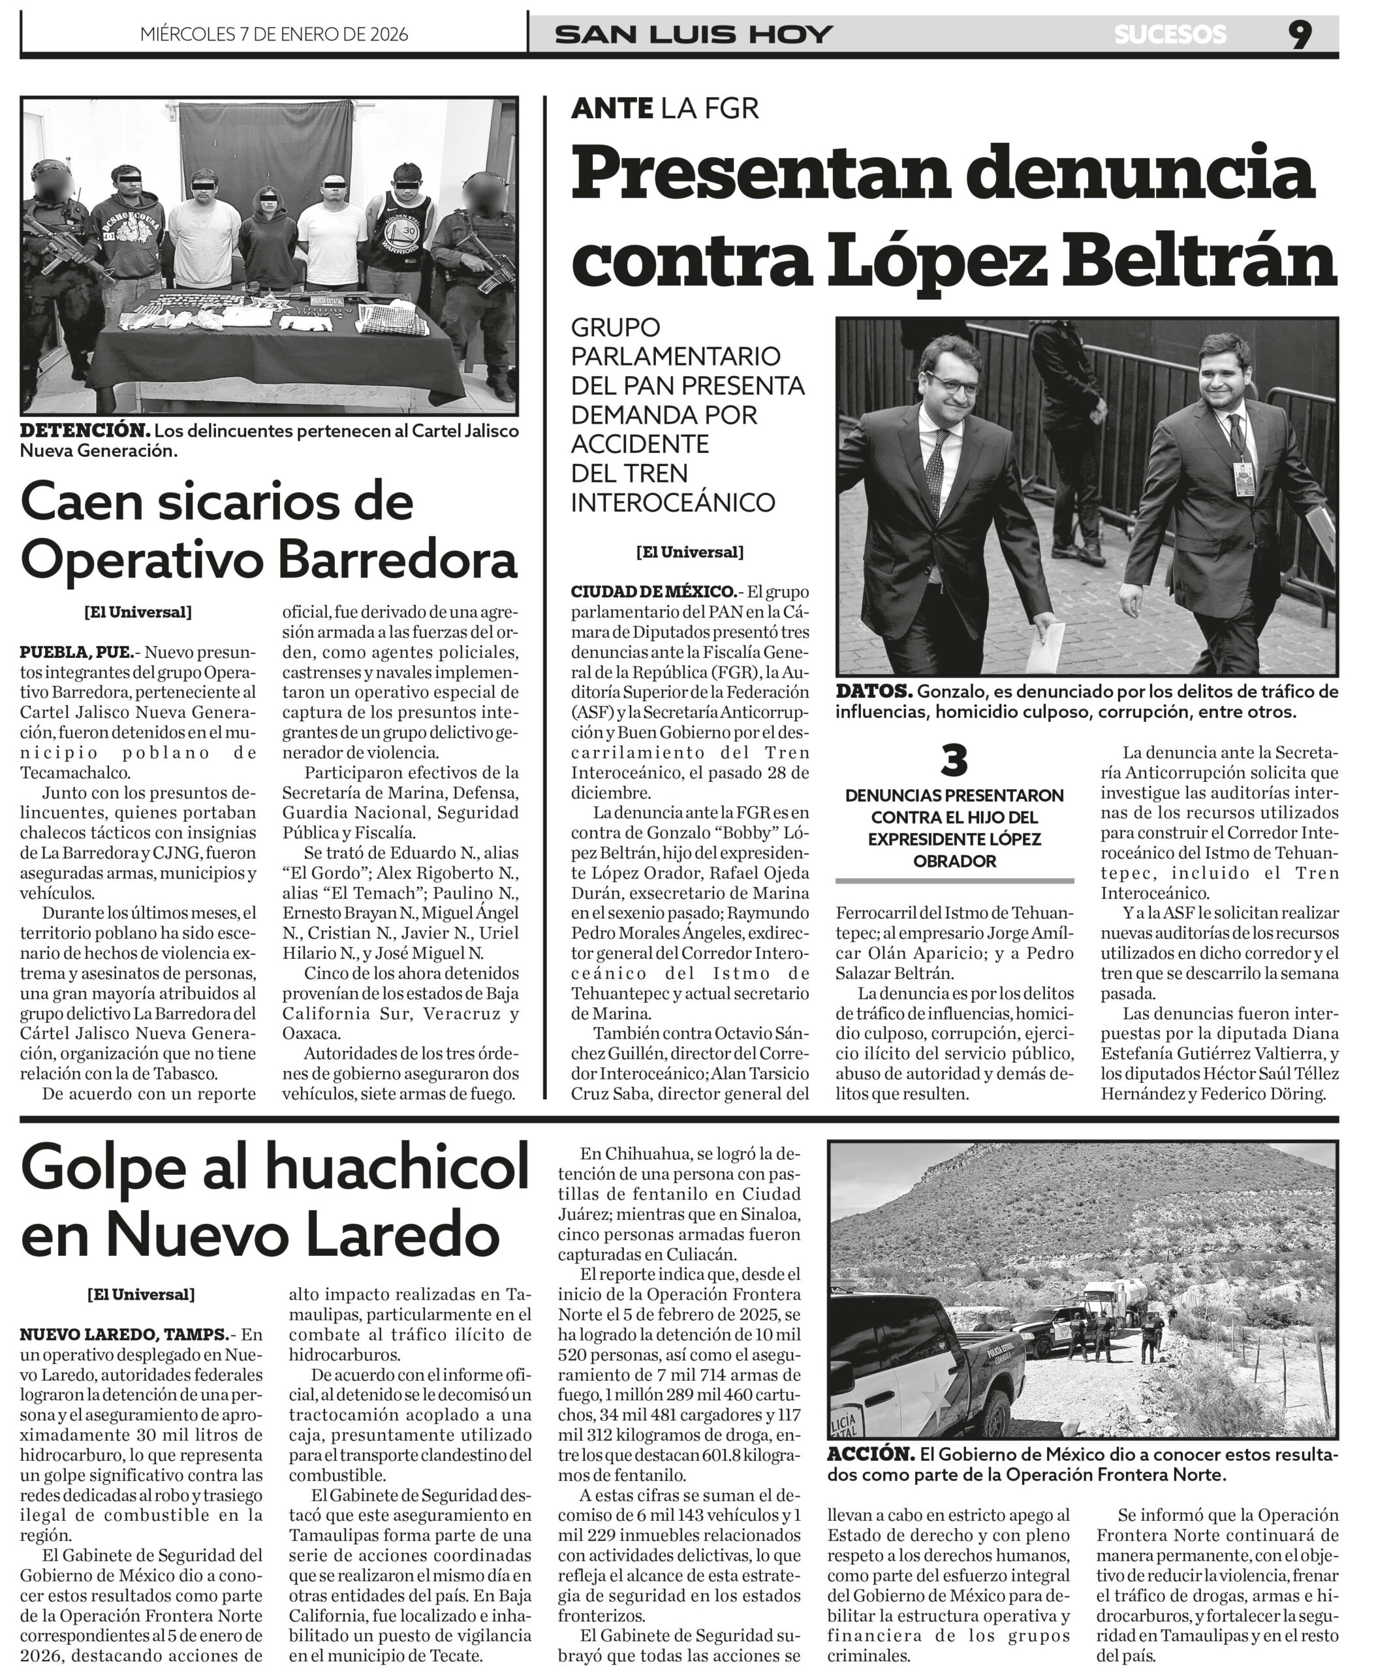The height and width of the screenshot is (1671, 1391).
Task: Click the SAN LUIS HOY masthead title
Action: click(x=693, y=34)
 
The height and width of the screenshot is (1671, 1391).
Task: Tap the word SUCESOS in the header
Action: click(x=1170, y=34)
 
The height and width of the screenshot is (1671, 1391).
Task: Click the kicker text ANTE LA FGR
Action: click(x=664, y=108)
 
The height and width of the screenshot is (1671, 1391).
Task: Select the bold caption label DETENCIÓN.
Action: click(x=84, y=431)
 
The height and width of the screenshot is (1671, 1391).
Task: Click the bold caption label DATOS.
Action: click(x=873, y=691)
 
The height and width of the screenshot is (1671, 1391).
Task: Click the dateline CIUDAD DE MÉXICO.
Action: click(x=653, y=591)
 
